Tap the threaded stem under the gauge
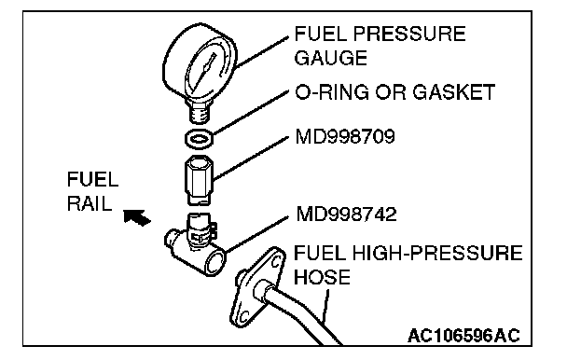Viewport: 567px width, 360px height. point(200,111)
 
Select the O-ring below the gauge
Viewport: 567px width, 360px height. point(199,139)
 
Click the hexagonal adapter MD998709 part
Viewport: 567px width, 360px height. point(199,179)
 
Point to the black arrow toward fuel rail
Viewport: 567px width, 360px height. point(136,217)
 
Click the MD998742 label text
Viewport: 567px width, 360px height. point(346,215)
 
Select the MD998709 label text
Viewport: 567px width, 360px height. point(345,137)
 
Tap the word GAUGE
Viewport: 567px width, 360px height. point(331,58)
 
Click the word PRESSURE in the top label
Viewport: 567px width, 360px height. point(409,34)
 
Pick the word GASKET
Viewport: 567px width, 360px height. point(453,92)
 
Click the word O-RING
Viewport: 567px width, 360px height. point(333,92)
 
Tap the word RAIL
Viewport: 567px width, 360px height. point(90,203)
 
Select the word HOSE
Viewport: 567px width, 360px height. point(322,277)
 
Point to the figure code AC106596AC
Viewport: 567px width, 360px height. point(463,336)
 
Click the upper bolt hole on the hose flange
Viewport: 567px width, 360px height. point(276,260)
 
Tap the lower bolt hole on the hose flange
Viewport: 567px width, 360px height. point(243,316)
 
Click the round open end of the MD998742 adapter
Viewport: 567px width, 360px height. point(215,263)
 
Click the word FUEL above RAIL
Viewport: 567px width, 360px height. point(92,179)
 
